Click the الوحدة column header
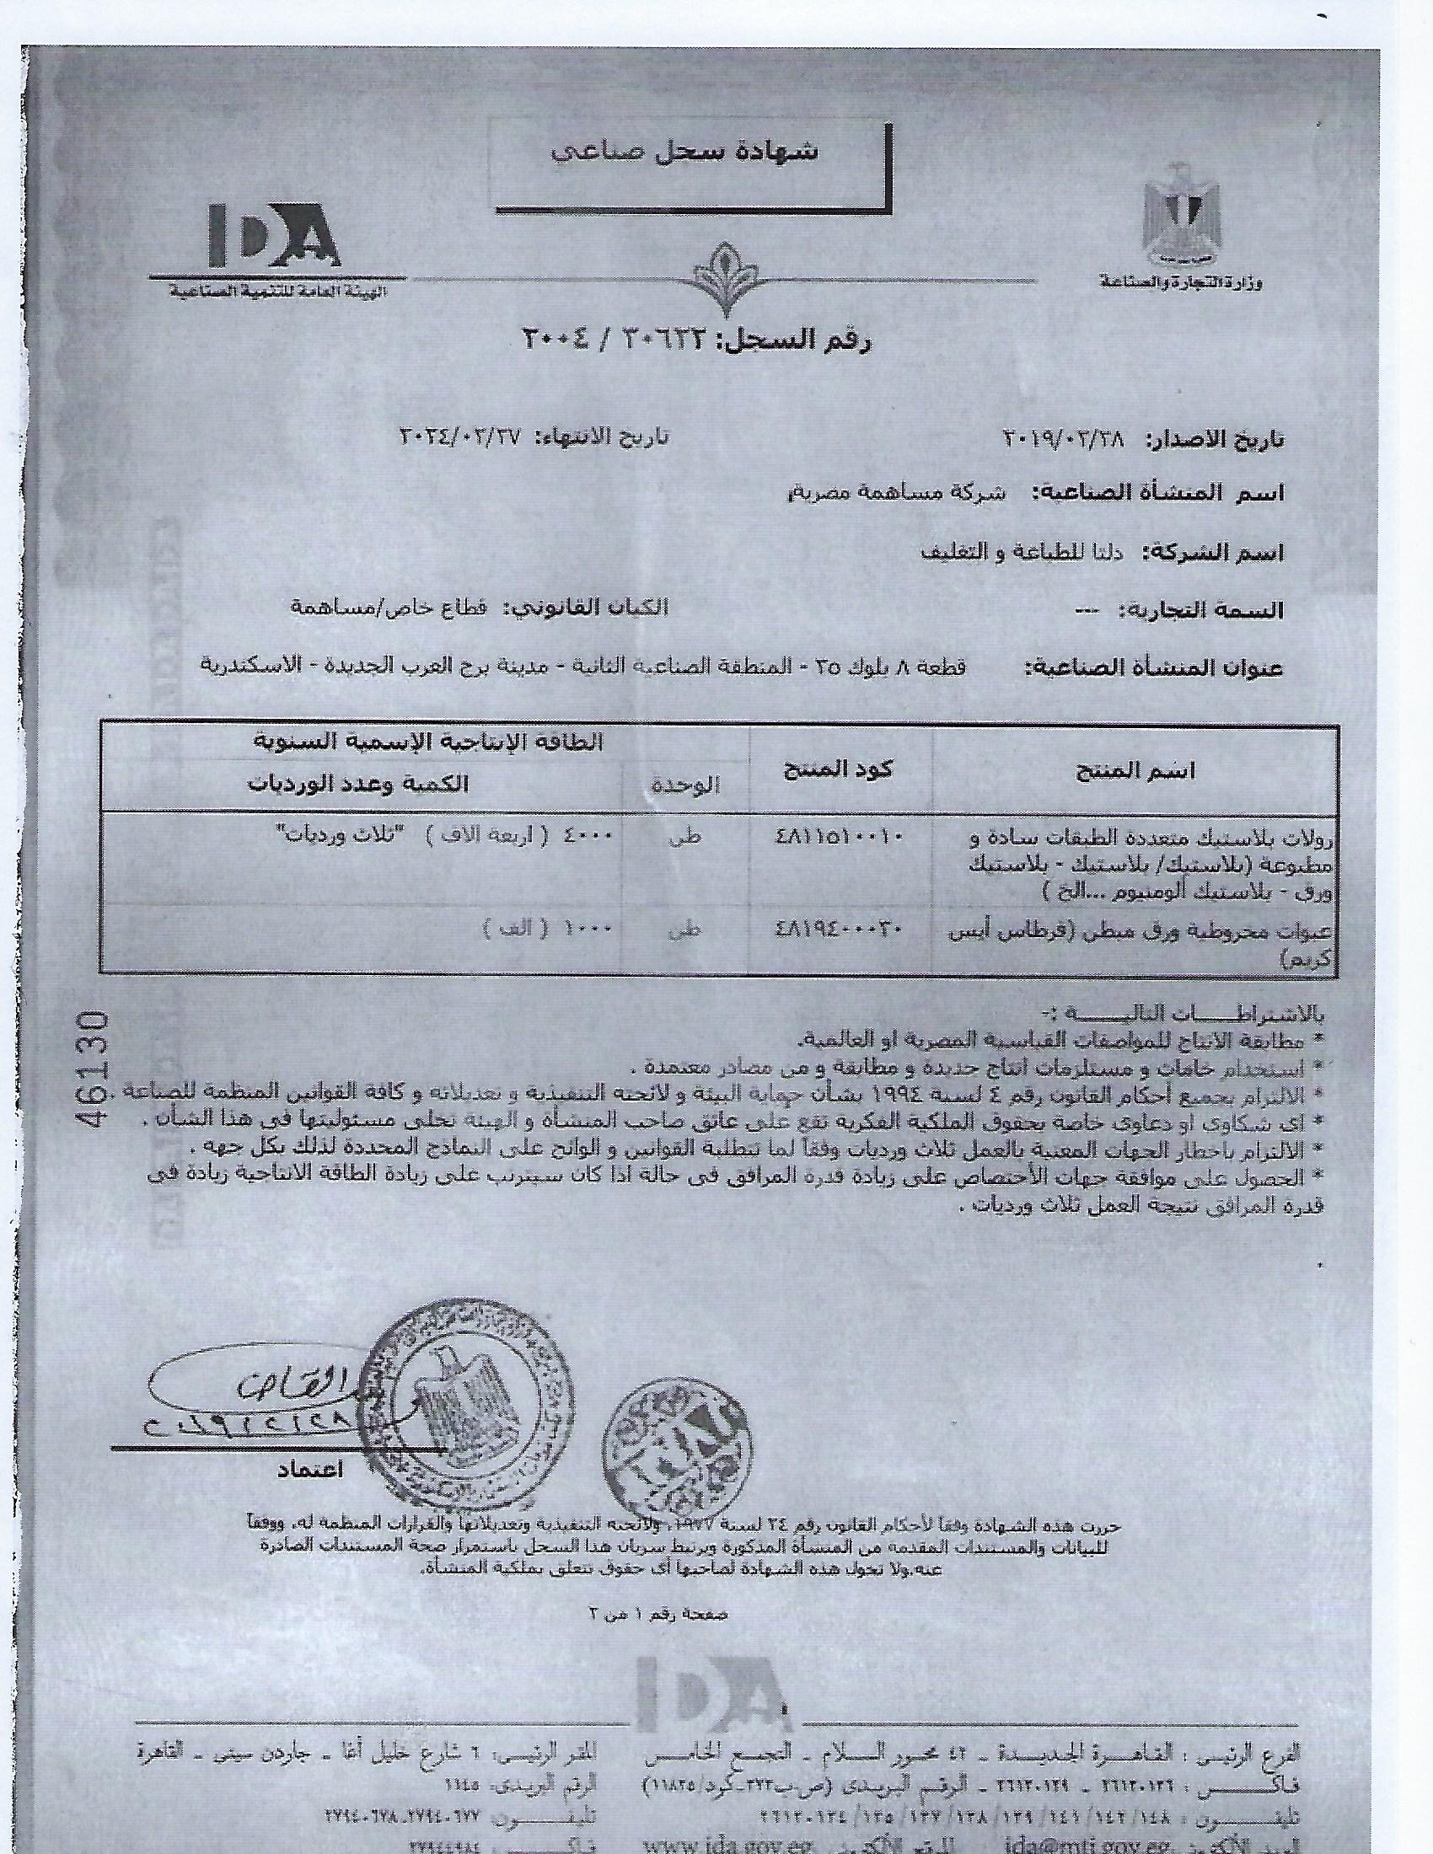[686, 786]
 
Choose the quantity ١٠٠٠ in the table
[595, 929]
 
